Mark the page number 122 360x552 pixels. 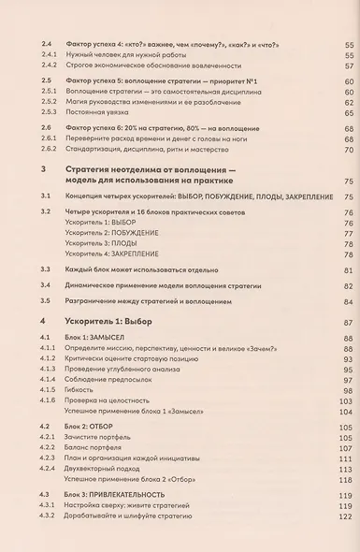point(348,516)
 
